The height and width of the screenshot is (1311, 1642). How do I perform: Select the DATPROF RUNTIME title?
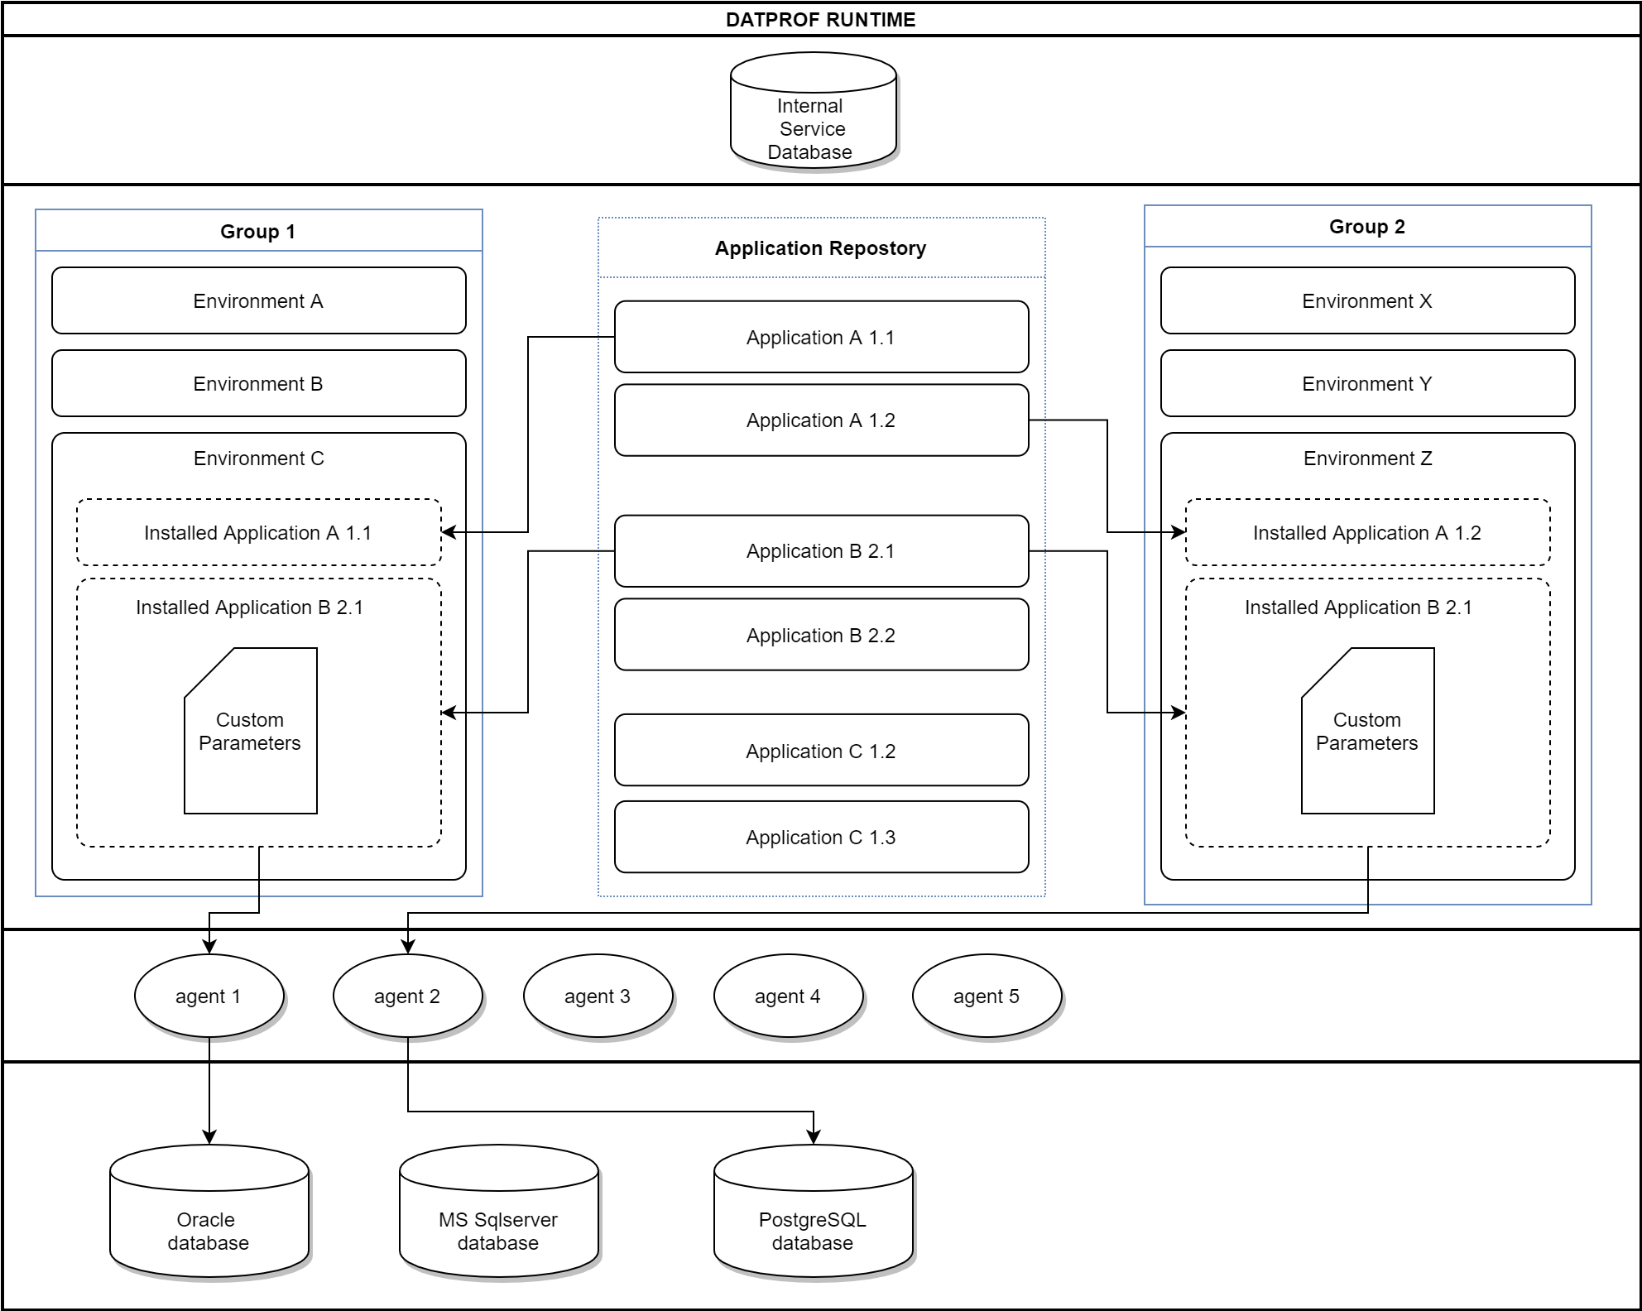[820, 20]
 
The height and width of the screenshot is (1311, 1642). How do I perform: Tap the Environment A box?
[258, 300]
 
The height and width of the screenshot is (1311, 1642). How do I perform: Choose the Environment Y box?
[1366, 383]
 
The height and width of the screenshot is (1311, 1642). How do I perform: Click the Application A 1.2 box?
[820, 420]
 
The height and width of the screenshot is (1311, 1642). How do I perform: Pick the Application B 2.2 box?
[820, 635]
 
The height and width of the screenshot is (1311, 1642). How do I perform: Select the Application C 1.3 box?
[820, 837]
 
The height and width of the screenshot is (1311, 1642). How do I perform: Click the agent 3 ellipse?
[598, 996]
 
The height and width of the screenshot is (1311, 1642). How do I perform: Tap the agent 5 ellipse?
[986, 996]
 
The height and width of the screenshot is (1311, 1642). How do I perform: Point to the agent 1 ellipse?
[209, 996]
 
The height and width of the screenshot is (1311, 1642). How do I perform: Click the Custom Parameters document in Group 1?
[250, 732]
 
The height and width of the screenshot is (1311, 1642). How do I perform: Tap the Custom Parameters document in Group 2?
[1367, 732]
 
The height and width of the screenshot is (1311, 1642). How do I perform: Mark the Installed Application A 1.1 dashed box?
[258, 532]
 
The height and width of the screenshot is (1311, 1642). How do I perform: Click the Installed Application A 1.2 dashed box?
[1366, 532]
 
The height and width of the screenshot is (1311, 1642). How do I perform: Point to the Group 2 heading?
[1366, 227]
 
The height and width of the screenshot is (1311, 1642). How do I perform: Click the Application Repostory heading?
[820, 248]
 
